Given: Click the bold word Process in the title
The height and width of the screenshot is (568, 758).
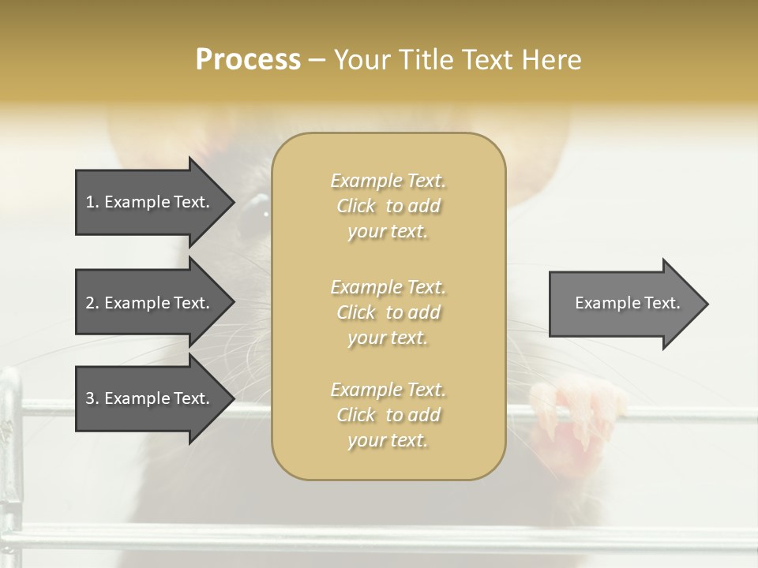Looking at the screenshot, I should coord(248,59).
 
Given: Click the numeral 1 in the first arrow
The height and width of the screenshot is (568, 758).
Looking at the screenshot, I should coord(90,202).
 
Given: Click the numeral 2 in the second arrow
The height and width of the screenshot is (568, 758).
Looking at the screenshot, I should coord(90,303).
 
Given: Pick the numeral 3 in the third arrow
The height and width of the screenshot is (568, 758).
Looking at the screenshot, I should coord(90,398).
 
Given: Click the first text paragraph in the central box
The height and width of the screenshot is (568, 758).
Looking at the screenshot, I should coord(388,206).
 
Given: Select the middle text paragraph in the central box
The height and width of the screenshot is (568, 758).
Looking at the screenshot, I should coord(388,312).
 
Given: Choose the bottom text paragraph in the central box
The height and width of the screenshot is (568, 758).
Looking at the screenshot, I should coord(388,415).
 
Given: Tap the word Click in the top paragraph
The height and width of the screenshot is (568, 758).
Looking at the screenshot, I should coord(356,206).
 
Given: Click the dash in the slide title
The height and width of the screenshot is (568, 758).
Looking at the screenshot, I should coord(317,60).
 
